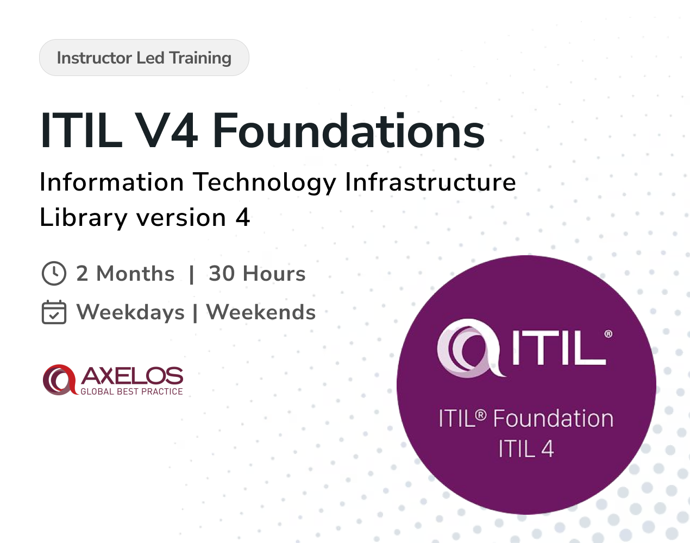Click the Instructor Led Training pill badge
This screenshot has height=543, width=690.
tap(144, 58)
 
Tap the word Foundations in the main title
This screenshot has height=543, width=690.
tap(348, 131)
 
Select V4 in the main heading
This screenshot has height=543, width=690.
tap(166, 131)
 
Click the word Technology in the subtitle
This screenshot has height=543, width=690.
tap(265, 182)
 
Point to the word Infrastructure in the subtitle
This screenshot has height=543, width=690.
tap(430, 182)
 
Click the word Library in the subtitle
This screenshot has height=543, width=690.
tap(84, 217)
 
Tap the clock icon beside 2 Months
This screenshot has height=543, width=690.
tap(54, 274)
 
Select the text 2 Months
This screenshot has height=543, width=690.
tap(126, 274)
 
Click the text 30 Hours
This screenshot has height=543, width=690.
tap(257, 274)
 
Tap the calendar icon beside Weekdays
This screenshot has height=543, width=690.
tap(54, 312)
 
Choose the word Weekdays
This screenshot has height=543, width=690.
tap(130, 312)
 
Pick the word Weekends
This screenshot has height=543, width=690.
tap(261, 312)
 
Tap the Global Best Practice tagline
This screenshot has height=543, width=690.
tap(131, 392)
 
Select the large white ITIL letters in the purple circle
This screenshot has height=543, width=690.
tap(559, 348)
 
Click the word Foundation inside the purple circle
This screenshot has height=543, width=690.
tap(554, 418)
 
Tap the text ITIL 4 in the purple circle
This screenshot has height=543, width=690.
tap(526, 449)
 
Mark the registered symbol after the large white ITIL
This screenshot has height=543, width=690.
tap(609, 334)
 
